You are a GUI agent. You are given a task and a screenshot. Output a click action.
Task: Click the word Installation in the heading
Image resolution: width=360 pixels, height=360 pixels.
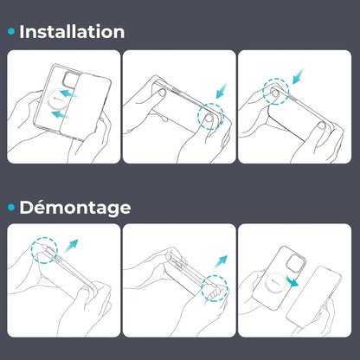tap(72, 31)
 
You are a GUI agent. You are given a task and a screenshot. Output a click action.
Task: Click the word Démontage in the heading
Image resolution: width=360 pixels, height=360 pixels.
tap(75, 208)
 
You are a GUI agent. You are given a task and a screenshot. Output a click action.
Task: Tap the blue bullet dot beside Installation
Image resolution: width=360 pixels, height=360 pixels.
tap(11, 31)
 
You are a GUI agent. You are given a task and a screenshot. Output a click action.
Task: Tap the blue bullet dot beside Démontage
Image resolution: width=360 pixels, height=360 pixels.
tap(11, 207)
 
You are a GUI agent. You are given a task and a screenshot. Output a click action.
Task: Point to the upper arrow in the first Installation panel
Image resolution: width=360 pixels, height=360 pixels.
tap(69, 93)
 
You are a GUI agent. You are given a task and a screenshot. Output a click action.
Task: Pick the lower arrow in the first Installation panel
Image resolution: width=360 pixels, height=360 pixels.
tap(61, 115)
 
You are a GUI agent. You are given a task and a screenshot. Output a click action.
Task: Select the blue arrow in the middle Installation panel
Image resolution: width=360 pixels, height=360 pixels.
tap(222, 90)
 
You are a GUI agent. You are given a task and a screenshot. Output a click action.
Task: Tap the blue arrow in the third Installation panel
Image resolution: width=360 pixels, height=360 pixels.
tap(299, 76)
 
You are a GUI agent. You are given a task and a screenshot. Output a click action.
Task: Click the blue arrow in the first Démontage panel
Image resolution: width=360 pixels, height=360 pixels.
tap(71, 246)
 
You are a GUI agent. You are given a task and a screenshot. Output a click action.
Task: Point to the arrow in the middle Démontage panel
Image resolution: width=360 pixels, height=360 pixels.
tap(221, 262)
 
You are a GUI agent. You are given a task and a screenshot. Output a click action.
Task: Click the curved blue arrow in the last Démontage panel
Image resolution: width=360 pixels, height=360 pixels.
tap(292, 280)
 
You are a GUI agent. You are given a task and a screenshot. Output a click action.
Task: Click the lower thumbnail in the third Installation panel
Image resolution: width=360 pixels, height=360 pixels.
tap(321, 125)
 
